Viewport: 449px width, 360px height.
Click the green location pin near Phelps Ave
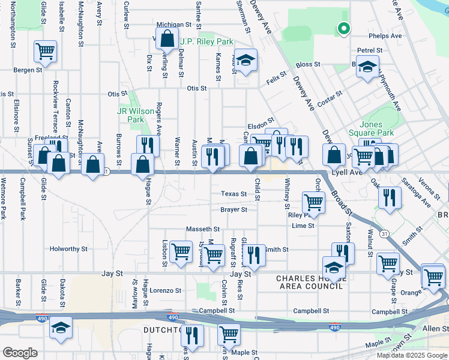pos(343,28)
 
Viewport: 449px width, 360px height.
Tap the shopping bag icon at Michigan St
pos(166,39)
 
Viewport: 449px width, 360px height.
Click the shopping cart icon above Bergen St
pos(45,51)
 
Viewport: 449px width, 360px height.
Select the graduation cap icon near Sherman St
pos(246,60)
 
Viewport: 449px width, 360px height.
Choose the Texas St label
pos(234,194)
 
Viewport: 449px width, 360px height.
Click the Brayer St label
pos(234,209)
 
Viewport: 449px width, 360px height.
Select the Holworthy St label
pos(68,248)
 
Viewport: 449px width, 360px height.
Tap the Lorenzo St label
pos(165,290)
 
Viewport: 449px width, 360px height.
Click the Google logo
pos(20,353)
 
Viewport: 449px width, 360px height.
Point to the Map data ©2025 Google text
pos(411,355)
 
